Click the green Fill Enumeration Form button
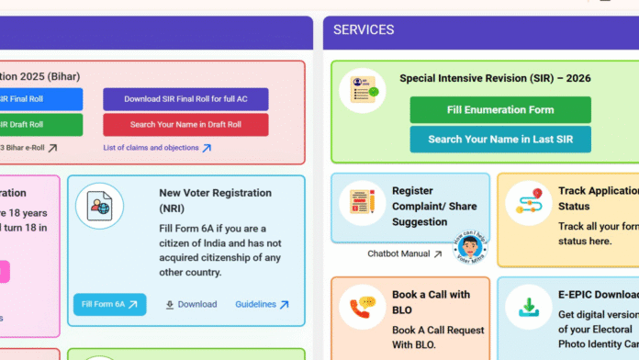click(500, 109)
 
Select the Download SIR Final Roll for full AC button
click(185, 99)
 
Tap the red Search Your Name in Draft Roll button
click(185, 125)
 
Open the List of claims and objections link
click(157, 148)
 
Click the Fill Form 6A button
click(109, 304)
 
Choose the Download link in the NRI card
click(191, 304)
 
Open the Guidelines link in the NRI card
click(262, 304)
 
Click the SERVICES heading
click(364, 30)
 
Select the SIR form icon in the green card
click(363, 92)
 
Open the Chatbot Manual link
click(404, 253)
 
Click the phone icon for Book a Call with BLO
click(363, 308)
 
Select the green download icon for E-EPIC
click(528, 308)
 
